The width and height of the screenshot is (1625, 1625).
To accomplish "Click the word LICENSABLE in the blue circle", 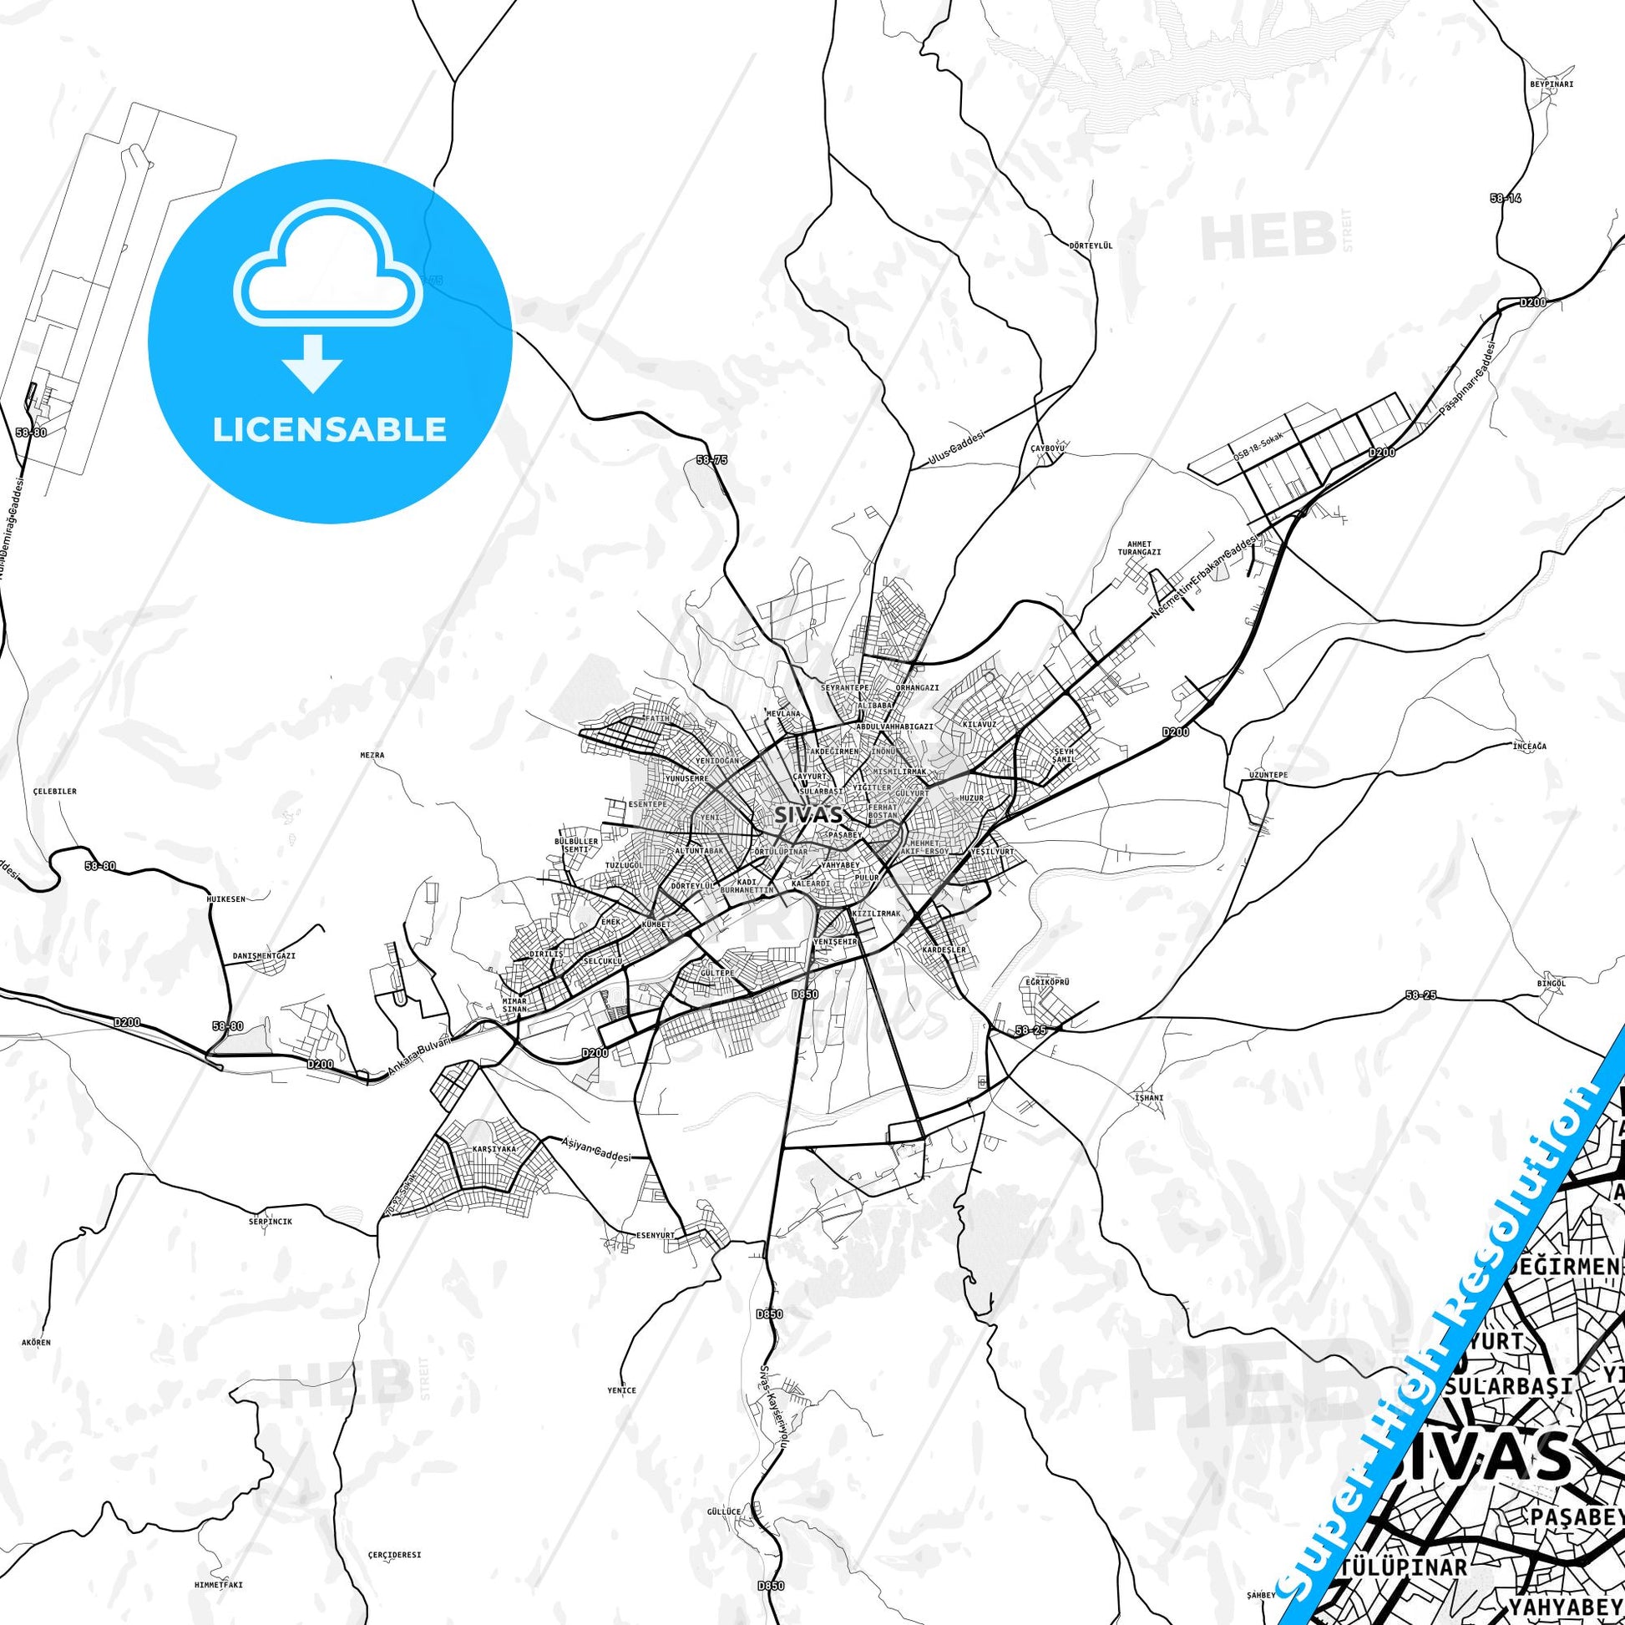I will [329, 430].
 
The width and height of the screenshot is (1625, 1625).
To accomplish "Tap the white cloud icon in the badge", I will [329, 268].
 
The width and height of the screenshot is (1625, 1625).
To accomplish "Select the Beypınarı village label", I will [1551, 84].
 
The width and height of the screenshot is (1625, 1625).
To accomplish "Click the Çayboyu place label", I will [1048, 448].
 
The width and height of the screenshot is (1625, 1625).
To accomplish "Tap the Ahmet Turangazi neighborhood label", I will [1139, 548].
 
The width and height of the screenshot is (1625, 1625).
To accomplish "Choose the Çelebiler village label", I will [54, 792].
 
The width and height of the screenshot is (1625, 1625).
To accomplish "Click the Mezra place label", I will [372, 756].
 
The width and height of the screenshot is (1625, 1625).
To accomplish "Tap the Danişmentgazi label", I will [263, 956].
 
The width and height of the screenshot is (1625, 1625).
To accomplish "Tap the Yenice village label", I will [621, 1390].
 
